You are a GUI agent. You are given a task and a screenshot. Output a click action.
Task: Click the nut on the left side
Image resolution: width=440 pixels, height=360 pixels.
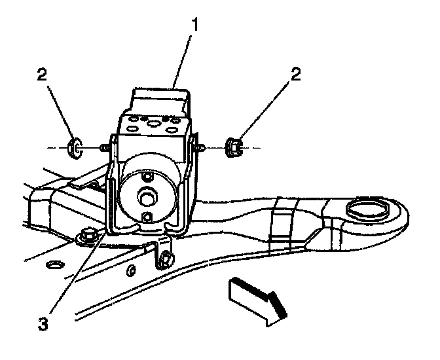point(74,149)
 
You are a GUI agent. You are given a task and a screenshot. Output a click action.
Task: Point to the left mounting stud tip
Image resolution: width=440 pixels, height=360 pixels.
point(103,149)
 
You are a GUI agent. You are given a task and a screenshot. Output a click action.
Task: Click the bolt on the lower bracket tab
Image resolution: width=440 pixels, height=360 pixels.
point(166,261)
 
